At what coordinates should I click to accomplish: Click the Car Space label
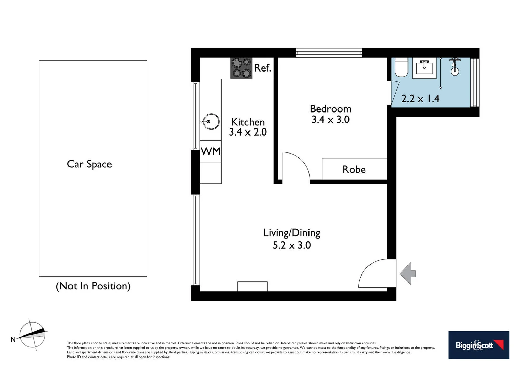(89, 164)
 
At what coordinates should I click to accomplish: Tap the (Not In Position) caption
(93, 286)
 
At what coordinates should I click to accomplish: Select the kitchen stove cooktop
(241, 68)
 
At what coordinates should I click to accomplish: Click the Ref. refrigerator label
(263, 68)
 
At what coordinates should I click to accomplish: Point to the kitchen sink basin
(211, 122)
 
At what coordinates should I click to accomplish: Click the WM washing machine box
(211, 151)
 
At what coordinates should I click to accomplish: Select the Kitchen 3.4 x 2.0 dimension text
(248, 132)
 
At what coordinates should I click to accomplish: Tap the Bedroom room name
(331, 109)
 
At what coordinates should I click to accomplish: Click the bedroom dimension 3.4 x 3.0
(331, 120)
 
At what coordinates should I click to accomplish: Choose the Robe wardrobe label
(354, 169)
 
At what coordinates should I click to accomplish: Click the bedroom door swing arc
(298, 163)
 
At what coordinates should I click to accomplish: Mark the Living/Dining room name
(292, 233)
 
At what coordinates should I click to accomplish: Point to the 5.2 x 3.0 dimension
(292, 245)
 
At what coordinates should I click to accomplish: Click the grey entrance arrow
(408, 273)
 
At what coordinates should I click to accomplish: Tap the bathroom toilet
(402, 68)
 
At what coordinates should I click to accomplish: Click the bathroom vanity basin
(424, 68)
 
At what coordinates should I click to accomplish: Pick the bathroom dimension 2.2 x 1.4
(420, 99)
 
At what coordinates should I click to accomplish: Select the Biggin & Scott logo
(478, 345)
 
